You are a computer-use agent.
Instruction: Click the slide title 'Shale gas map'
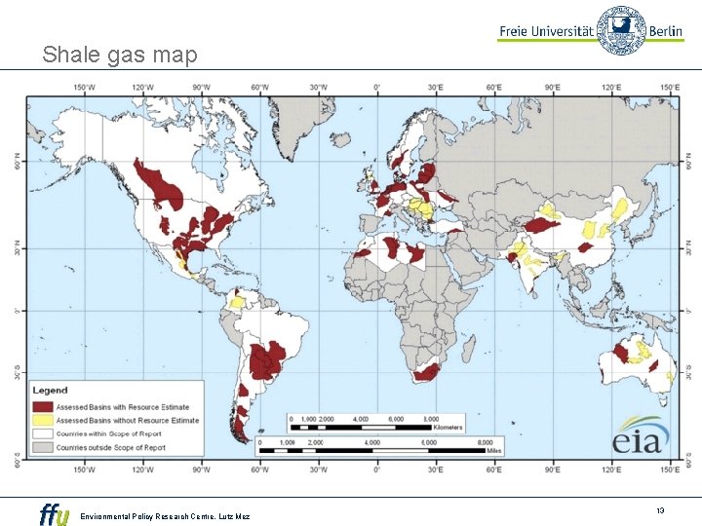119,55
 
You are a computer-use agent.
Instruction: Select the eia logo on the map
641,434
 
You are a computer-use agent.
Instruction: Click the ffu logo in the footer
54,513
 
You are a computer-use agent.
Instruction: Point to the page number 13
660,510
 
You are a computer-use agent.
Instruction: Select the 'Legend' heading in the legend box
51,391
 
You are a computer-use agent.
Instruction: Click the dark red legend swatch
42,407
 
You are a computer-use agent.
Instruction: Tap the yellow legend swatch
42,421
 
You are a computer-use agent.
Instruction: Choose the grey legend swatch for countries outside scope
42,447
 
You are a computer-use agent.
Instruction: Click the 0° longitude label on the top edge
377,88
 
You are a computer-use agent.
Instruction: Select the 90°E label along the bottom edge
553,468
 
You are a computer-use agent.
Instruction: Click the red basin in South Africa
427,372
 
